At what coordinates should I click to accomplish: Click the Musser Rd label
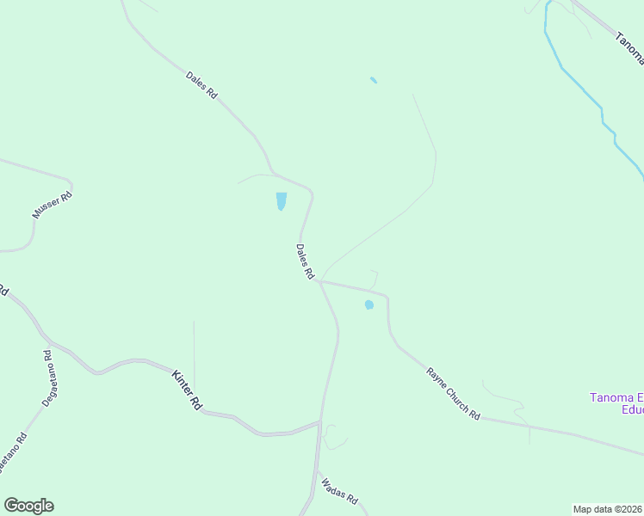(53, 205)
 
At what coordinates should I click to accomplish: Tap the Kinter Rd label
(187, 389)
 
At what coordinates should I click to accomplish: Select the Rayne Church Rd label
(453, 393)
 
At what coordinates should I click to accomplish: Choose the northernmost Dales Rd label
(201, 83)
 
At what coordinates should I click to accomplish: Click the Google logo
(28, 506)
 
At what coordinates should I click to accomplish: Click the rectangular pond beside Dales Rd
(281, 201)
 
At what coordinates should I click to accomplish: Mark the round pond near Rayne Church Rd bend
(369, 304)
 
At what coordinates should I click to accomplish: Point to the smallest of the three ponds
(374, 80)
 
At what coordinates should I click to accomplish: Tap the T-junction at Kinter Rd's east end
(320, 422)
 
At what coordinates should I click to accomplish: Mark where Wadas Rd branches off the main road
(317, 469)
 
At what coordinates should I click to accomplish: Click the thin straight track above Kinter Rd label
(194, 353)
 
